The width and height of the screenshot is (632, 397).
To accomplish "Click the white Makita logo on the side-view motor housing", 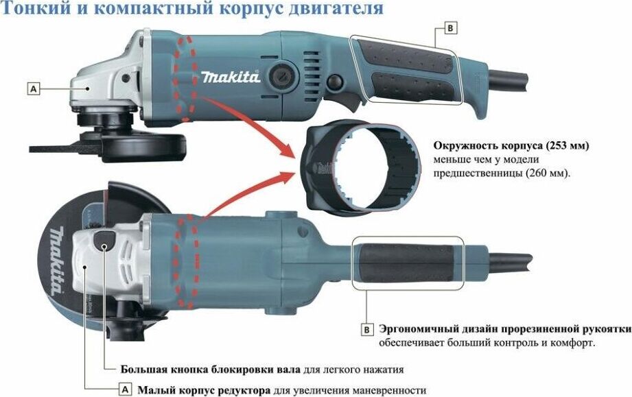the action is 231,76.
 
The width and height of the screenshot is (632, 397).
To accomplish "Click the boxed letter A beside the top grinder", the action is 34,88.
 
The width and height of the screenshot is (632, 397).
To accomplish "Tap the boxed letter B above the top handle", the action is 451,28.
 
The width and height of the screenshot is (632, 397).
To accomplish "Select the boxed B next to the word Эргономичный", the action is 366,330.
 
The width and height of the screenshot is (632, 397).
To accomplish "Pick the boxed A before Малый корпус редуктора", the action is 126,389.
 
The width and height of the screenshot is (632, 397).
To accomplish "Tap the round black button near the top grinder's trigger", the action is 335,82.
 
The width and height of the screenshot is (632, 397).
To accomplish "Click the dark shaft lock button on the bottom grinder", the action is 104,241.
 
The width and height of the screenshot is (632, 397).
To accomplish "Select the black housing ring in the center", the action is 360,167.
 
